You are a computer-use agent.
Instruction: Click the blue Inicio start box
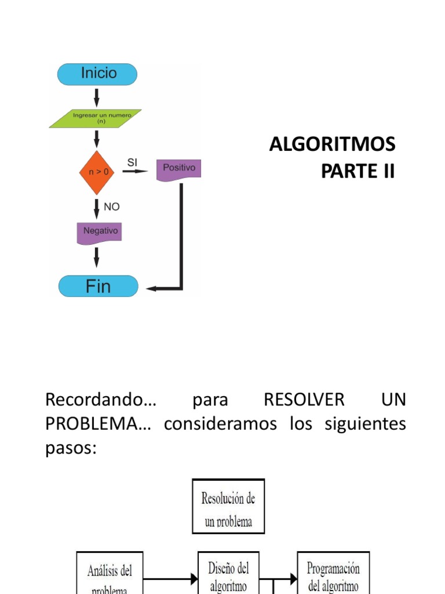[97, 74]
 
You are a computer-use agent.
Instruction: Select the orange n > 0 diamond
[97, 172]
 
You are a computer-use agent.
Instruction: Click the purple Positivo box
[179, 169]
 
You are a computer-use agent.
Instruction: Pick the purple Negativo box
[100, 231]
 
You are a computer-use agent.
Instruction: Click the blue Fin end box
[99, 286]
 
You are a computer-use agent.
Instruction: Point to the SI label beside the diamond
[132, 163]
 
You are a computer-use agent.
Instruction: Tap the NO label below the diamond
[111, 207]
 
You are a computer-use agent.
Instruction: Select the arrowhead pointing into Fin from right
[151, 288]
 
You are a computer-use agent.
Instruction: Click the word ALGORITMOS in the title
[333, 144]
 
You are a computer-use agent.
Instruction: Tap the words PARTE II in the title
[358, 171]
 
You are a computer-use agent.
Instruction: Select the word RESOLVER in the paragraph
[304, 400]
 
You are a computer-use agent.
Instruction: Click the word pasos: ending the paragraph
[70, 448]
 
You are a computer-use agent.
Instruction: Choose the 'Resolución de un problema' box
[228, 506]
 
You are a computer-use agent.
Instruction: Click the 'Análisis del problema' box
[110, 574]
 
